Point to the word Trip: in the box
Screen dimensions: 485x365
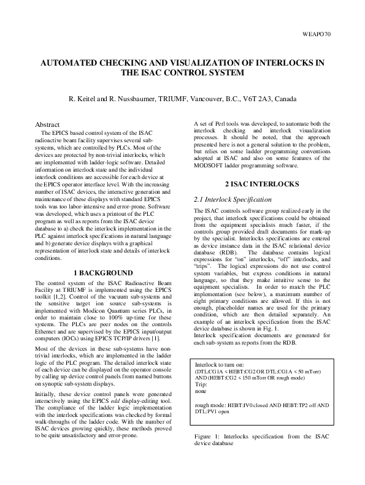click(x=202, y=383)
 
